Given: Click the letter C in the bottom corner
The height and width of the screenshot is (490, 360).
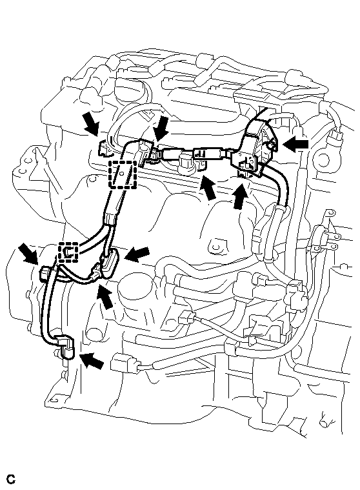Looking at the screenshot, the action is pyautogui.click(x=11, y=479).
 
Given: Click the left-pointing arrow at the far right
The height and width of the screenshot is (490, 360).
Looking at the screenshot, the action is pyautogui.click(x=296, y=145).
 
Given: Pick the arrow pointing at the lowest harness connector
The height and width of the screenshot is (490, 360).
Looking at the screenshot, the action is pyautogui.click(x=92, y=360).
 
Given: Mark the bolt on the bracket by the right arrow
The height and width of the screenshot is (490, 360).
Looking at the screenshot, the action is pyautogui.click(x=272, y=144).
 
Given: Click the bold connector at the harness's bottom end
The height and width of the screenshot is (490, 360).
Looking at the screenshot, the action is pyautogui.click(x=66, y=347).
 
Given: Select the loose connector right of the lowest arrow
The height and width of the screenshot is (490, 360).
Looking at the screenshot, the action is pyautogui.click(x=125, y=363).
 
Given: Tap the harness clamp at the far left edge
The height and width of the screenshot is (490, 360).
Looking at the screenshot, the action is pyautogui.click(x=45, y=272).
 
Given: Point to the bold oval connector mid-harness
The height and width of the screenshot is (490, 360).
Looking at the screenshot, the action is pyautogui.click(x=110, y=258).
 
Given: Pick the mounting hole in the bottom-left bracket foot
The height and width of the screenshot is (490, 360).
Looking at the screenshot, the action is pyautogui.click(x=53, y=400).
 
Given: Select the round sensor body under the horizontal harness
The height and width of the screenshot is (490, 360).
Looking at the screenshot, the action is pyautogui.click(x=185, y=163).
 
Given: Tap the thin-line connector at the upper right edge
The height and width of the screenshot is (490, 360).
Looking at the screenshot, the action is pyautogui.click(x=334, y=137).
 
